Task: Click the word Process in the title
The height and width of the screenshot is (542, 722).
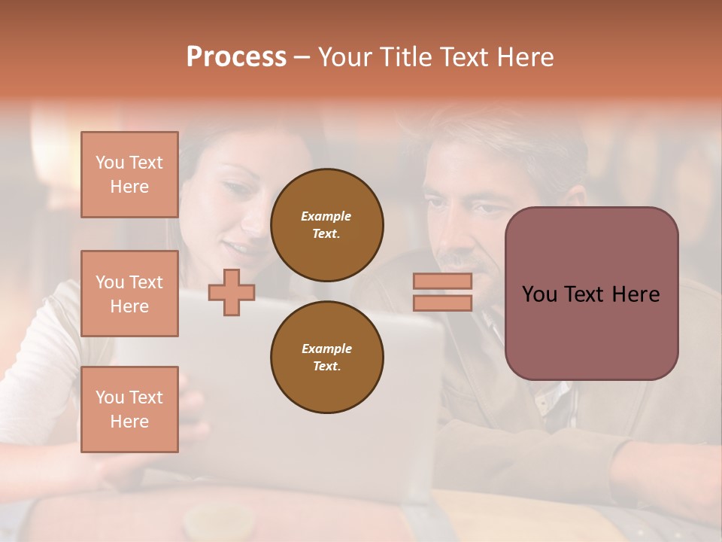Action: pos(236,57)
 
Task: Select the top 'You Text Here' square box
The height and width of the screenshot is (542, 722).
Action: pos(129,175)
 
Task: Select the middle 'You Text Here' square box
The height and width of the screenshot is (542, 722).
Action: pos(129,294)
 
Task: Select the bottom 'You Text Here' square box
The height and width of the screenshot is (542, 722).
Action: pos(129,410)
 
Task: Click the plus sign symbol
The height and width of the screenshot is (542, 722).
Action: pos(232,292)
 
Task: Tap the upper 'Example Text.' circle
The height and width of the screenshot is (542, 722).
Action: pos(327,225)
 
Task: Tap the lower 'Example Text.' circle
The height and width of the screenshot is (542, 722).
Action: pos(327,358)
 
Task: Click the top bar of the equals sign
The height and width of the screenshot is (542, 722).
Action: pos(442,281)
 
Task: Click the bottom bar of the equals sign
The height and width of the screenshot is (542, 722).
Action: pos(442,303)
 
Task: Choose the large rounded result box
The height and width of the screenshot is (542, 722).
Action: pos(591,294)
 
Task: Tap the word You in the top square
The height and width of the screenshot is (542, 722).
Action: pos(109,163)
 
